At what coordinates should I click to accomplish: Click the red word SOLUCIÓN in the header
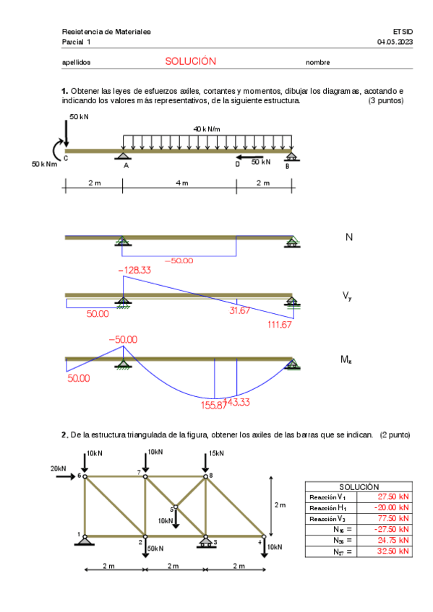click(x=190, y=61)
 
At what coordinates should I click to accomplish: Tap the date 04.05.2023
click(x=395, y=42)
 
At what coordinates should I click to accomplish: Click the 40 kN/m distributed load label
click(x=206, y=128)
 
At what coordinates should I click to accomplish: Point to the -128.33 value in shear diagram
click(x=135, y=270)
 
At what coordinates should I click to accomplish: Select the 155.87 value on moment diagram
click(x=213, y=405)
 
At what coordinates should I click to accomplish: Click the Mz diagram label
click(x=346, y=359)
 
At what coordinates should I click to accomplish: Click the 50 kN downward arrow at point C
click(x=67, y=134)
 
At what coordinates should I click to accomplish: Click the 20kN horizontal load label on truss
click(x=59, y=468)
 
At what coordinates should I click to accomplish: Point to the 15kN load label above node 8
click(x=216, y=453)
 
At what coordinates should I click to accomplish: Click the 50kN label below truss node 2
click(x=155, y=548)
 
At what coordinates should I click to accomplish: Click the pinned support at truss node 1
click(x=85, y=540)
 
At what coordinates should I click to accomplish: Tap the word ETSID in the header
click(x=403, y=32)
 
